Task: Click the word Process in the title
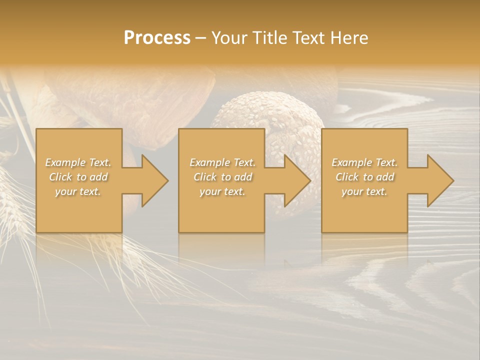157,38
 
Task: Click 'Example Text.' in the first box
78,162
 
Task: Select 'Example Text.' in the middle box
222,162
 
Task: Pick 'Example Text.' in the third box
364,162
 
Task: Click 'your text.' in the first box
78,191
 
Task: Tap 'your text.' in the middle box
222,191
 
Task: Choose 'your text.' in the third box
364,191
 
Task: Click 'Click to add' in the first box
78,177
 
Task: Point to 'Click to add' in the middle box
222,177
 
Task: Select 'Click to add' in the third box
364,177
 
